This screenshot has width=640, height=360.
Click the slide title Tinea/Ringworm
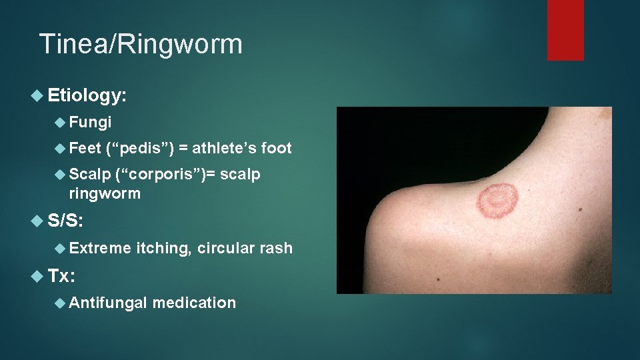click(x=141, y=45)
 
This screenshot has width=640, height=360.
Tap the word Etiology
click(x=87, y=97)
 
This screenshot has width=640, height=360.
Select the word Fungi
click(x=91, y=123)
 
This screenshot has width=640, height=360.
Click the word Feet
click(x=85, y=149)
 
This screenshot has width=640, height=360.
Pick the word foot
click(x=277, y=149)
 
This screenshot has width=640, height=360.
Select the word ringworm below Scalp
click(x=105, y=194)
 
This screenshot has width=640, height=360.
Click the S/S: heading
click(x=66, y=221)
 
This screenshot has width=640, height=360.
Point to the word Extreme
click(x=100, y=249)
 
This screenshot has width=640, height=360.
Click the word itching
click(x=163, y=249)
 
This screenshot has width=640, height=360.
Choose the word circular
click(x=225, y=249)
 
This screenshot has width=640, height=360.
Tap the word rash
click(x=276, y=249)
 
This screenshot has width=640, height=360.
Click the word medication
click(x=194, y=303)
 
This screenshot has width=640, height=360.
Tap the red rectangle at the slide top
click(x=565, y=30)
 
